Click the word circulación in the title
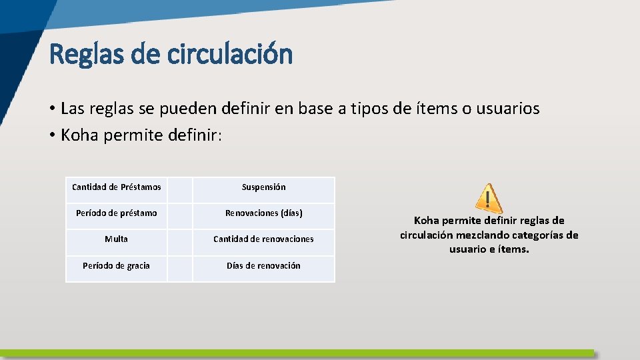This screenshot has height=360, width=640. coord(229,55)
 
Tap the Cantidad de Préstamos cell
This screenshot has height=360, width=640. coord(116,187)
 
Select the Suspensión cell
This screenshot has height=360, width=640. coord(263,187)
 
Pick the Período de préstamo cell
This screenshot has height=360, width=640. coord(116,213)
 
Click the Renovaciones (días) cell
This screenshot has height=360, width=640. coord(263,213)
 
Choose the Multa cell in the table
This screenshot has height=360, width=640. coord(116,239)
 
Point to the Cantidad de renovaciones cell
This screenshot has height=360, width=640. coord(263,239)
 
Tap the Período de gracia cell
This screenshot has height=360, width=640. coord(116,266)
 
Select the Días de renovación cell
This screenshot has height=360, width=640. coord(263,266)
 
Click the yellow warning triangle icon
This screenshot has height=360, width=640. coord(489,199)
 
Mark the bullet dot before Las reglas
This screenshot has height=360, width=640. coord(51,109)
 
